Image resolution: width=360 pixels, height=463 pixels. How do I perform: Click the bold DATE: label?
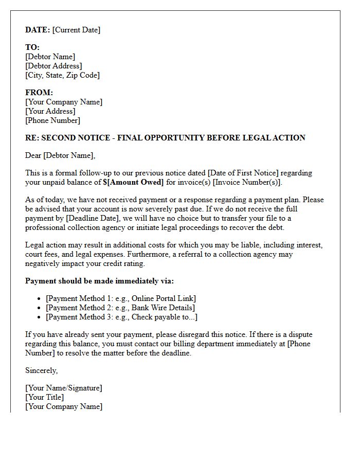pyautogui.click(x=38, y=30)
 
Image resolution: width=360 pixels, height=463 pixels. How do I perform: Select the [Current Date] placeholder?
pyautogui.click(x=76, y=30)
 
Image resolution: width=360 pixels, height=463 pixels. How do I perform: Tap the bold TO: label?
pyautogui.click(x=32, y=47)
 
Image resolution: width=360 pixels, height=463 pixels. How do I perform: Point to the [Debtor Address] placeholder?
pyautogui.click(x=53, y=66)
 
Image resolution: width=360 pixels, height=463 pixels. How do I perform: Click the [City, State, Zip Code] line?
pyautogui.click(x=62, y=75)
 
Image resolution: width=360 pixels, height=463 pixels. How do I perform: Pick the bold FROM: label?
pyautogui.click(x=39, y=93)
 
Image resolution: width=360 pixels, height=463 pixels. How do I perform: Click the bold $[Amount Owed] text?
pyautogui.click(x=133, y=182)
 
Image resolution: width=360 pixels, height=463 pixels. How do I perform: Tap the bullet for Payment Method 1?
pyautogui.click(x=40, y=298)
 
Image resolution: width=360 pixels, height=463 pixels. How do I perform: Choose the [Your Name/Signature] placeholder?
pyautogui.click(x=63, y=388)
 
